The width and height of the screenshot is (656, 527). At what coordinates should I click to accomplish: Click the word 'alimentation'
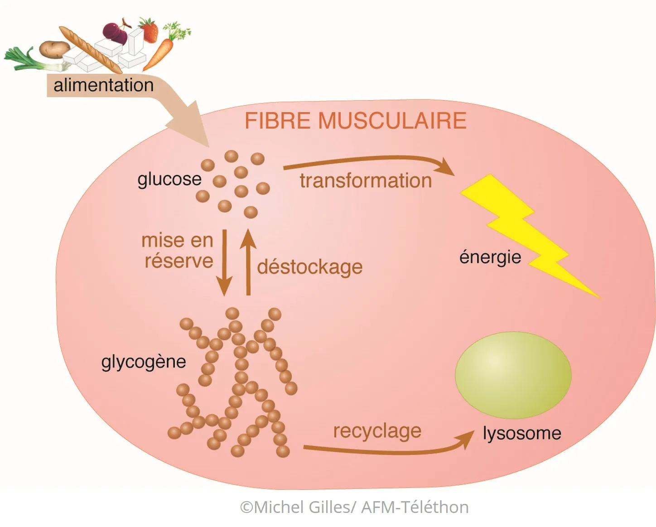click(x=103, y=85)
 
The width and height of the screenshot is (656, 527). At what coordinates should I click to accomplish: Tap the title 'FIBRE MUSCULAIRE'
click(x=355, y=121)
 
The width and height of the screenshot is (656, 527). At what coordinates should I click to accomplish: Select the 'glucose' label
click(x=169, y=179)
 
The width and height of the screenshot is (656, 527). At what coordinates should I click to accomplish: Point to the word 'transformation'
click(x=366, y=181)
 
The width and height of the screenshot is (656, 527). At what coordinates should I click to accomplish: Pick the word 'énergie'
click(x=490, y=257)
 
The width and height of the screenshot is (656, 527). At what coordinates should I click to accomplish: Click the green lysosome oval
click(x=513, y=375)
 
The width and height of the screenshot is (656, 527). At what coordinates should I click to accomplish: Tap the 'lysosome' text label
click(x=522, y=433)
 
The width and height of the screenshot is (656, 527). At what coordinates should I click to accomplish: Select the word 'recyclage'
click(x=377, y=431)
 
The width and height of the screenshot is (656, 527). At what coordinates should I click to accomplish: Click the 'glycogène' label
click(x=144, y=362)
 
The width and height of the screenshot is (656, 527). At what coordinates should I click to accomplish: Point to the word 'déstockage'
click(x=310, y=267)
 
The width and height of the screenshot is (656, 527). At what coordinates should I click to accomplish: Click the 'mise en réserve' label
click(x=178, y=251)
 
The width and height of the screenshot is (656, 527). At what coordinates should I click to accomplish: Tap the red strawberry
click(x=149, y=30)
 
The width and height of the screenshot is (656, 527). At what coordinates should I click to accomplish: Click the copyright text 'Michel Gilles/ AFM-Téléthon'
click(x=354, y=507)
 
